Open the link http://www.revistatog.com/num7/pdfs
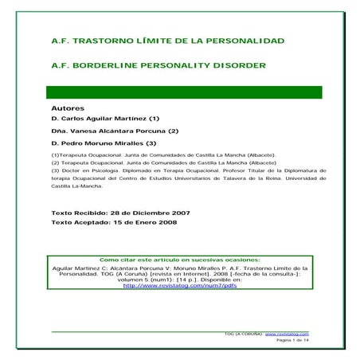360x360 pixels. click(x=179, y=285)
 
